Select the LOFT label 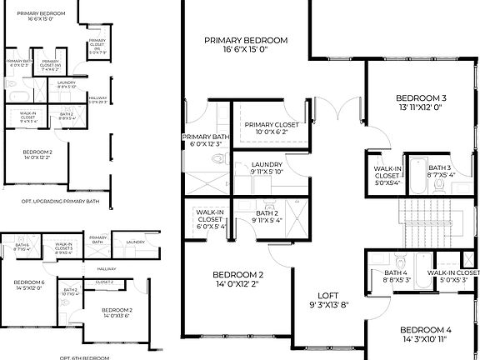[x=327, y=299]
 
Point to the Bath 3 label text [x=441, y=171]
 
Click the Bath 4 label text [x=396, y=277]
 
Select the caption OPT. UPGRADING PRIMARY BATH [x=54, y=201]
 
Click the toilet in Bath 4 [x=398, y=257]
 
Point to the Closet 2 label [x=104, y=282]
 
